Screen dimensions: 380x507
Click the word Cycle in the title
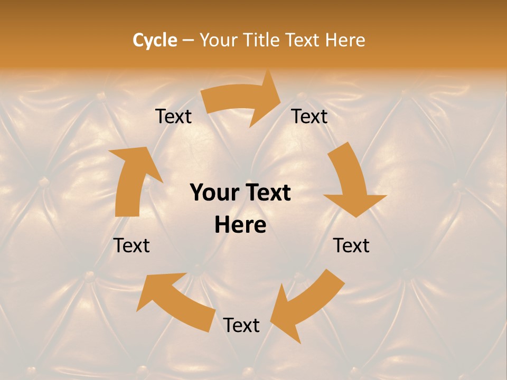pyautogui.click(x=155, y=40)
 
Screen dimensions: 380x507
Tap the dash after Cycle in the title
pyautogui.click(x=188, y=40)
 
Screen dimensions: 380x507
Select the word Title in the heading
pyautogui.click(x=260, y=40)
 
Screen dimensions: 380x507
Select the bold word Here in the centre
pyautogui.click(x=240, y=225)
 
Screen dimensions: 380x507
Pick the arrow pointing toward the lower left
pyautogui.click(x=306, y=306)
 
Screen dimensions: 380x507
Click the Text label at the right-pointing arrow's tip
pyautogui.click(x=309, y=116)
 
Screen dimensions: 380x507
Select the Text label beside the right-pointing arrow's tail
pyautogui.click(x=173, y=116)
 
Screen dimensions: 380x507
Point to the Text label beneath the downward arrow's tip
pyautogui.click(x=351, y=245)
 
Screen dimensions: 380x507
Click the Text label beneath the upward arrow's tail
pyautogui.click(x=132, y=245)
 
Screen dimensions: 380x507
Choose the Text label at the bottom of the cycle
pyautogui.click(x=241, y=325)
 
